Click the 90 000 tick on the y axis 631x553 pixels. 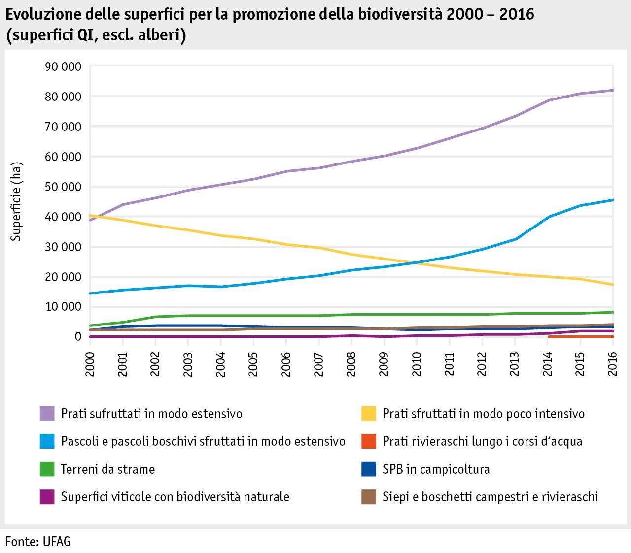click(x=62, y=66)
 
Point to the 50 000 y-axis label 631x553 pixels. click(x=62, y=187)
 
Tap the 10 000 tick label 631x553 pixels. click(x=62, y=307)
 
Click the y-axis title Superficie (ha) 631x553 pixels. click(x=17, y=201)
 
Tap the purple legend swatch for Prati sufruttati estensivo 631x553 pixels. click(x=47, y=413)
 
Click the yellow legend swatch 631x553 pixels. click(x=369, y=413)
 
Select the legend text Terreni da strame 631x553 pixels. click(x=107, y=469)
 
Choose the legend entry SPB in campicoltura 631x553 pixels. click(x=436, y=469)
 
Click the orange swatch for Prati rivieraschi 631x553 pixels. click(x=369, y=441)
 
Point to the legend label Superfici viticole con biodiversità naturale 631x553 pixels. click(x=175, y=496)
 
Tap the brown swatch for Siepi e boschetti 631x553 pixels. click(x=369, y=496)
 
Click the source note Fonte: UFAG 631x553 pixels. click(x=38, y=542)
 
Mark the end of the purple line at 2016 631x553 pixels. click(x=612, y=90)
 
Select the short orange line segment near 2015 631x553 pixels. click(x=581, y=337)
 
